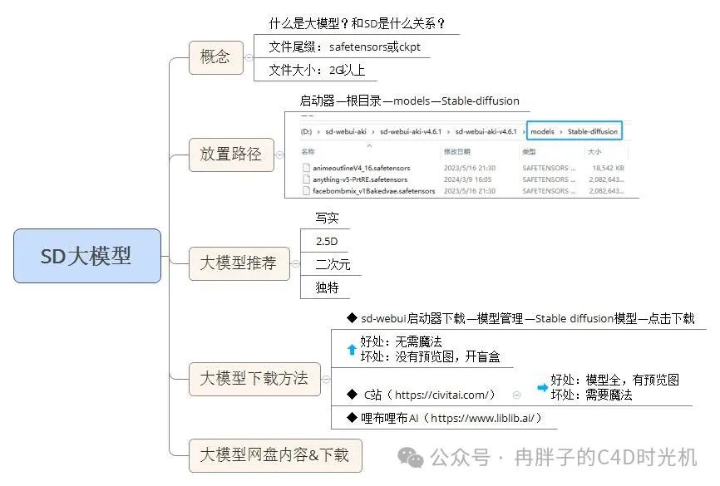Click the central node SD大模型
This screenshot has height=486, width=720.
tap(86, 256)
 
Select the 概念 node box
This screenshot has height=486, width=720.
tap(215, 58)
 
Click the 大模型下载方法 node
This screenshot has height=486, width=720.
tap(254, 379)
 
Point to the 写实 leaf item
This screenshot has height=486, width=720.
tap(327, 218)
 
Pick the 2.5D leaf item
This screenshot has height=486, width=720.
tap(327, 241)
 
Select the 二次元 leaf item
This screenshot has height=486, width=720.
tap(333, 264)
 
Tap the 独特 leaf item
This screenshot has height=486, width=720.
tap(327, 287)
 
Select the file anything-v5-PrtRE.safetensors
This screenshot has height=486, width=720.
tap(359, 179)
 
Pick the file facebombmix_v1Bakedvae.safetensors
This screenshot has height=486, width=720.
tap(373, 191)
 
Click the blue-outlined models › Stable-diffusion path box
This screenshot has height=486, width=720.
tap(574, 131)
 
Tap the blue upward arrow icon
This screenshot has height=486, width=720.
tap(352, 350)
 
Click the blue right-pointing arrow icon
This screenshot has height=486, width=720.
tap(542, 387)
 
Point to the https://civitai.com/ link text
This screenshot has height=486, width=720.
tap(445, 395)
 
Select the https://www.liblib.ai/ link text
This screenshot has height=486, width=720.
tap(486, 418)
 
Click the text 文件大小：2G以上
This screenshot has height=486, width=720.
tap(317, 71)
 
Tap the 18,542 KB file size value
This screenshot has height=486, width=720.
tap(606, 168)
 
